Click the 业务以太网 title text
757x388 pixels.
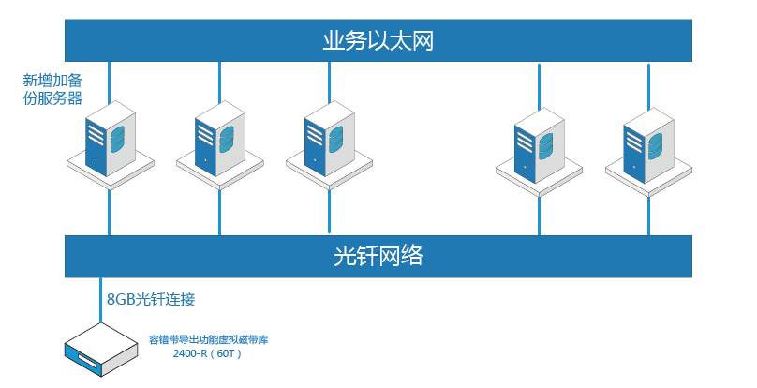point(378,41)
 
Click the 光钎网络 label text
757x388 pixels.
point(378,256)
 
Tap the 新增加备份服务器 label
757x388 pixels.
point(52,89)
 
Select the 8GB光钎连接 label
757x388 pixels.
point(151,299)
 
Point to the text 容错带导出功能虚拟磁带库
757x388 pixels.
point(209,339)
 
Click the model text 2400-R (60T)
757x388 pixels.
point(207,353)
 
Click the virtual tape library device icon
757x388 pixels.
point(101,350)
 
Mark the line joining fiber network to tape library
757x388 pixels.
point(101,300)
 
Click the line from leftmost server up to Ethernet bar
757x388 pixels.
point(110,82)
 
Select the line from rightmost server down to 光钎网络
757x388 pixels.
point(648,216)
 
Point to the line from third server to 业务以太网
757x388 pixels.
point(329,82)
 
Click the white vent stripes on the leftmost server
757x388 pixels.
point(96,132)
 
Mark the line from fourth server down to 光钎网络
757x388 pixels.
point(540,216)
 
